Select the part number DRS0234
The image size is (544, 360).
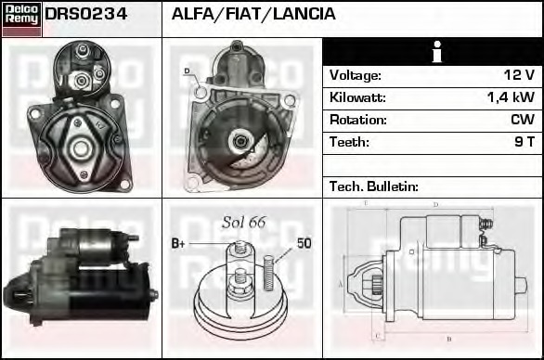86,15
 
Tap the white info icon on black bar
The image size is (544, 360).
432,52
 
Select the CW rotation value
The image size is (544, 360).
523,120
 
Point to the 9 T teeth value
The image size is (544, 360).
524,142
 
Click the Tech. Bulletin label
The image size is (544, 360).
374,186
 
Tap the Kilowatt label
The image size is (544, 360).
357,97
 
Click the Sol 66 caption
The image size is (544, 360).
243,222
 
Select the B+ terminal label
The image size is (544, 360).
180,245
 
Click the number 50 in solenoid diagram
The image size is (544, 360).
304,244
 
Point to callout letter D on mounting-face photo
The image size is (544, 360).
186,71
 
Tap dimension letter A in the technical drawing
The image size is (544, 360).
340,284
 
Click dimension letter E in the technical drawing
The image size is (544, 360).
366,202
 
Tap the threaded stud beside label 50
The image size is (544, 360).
269,269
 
